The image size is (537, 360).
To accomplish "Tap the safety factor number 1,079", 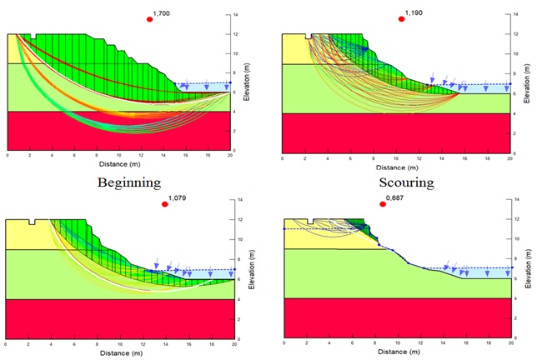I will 178,198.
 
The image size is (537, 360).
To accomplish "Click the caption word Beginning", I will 128,181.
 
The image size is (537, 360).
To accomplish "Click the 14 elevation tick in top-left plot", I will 238,15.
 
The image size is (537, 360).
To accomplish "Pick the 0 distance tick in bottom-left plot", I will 8,342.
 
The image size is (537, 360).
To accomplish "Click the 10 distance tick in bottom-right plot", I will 397,342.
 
